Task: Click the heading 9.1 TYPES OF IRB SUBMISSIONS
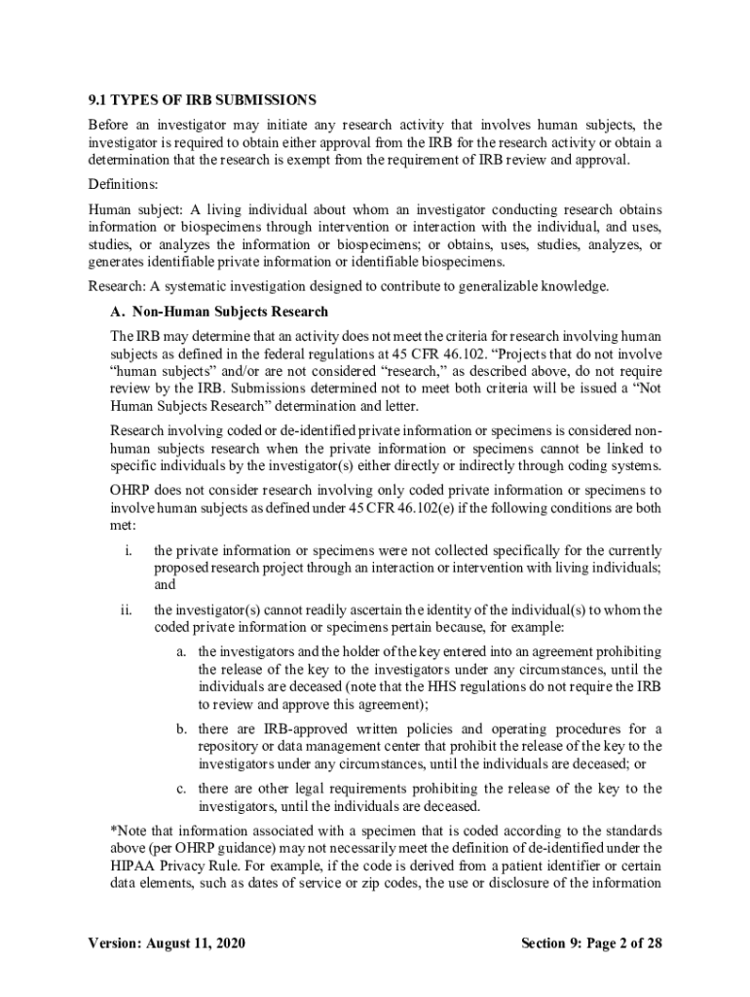202,100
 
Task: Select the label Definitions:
124,184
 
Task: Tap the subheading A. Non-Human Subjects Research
219,312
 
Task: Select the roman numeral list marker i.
129,551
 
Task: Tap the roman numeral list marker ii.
127,610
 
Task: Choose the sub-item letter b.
181,729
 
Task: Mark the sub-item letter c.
181,789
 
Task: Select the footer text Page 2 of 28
614,943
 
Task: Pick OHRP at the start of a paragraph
131,490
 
